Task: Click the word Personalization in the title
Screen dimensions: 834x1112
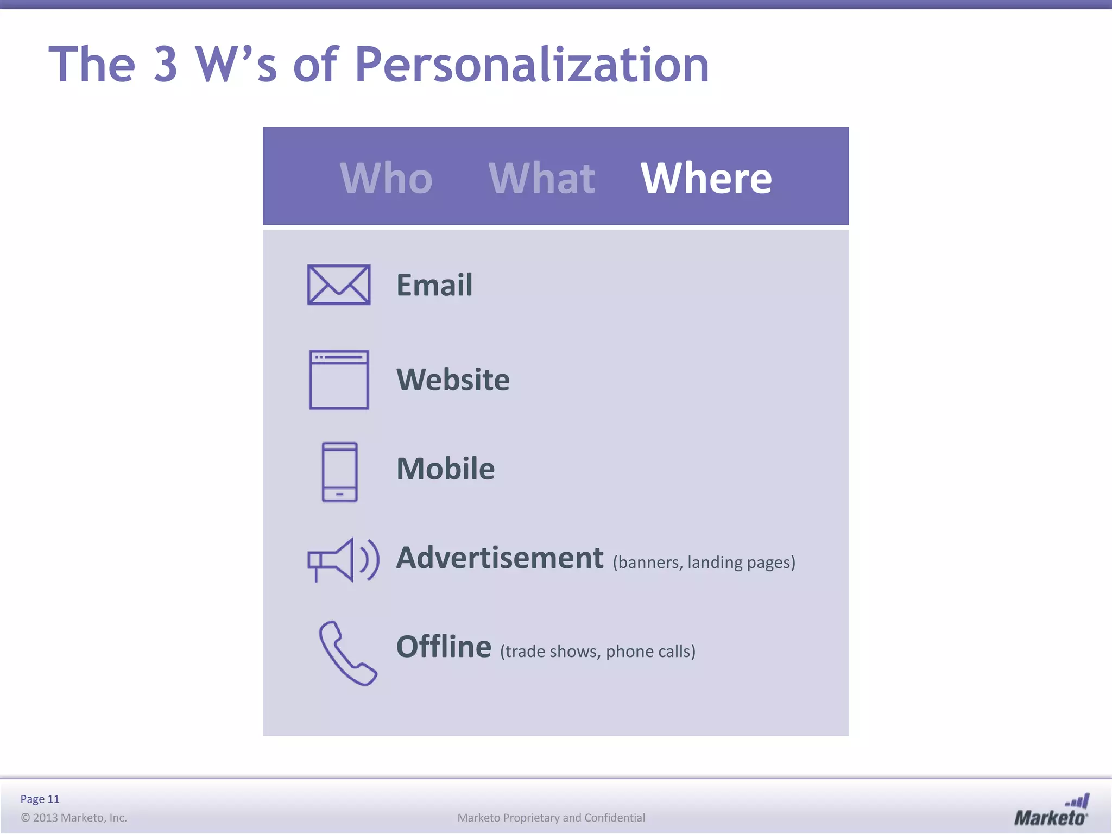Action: pyautogui.click(x=532, y=65)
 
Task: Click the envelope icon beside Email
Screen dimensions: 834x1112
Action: pyautogui.click(x=339, y=285)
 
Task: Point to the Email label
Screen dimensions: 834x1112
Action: pyautogui.click(x=434, y=285)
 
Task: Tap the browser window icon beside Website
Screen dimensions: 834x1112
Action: pyautogui.click(x=339, y=380)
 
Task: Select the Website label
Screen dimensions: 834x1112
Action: pyautogui.click(x=453, y=380)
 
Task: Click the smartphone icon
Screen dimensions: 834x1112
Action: pyautogui.click(x=339, y=472)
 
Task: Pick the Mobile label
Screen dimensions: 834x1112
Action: pyautogui.click(x=445, y=469)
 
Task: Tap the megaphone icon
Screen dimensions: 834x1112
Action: pyautogui.click(x=342, y=560)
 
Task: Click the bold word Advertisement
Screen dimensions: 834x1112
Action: pyautogui.click(x=500, y=558)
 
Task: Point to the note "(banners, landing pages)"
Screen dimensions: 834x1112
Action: pyautogui.click(x=704, y=563)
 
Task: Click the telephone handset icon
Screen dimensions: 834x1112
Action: pyautogui.click(x=346, y=653)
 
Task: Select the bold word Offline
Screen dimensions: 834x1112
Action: pyautogui.click(x=444, y=647)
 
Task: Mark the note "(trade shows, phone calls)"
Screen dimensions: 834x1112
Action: pyautogui.click(x=597, y=652)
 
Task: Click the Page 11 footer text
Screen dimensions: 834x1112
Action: pyautogui.click(x=40, y=799)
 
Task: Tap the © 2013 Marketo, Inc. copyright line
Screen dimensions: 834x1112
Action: pyautogui.click(x=74, y=818)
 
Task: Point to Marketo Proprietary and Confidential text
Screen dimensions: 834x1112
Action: pyautogui.click(x=551, y=818)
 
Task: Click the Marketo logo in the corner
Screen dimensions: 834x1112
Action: pyautogui.click(x=1051, y=810)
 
